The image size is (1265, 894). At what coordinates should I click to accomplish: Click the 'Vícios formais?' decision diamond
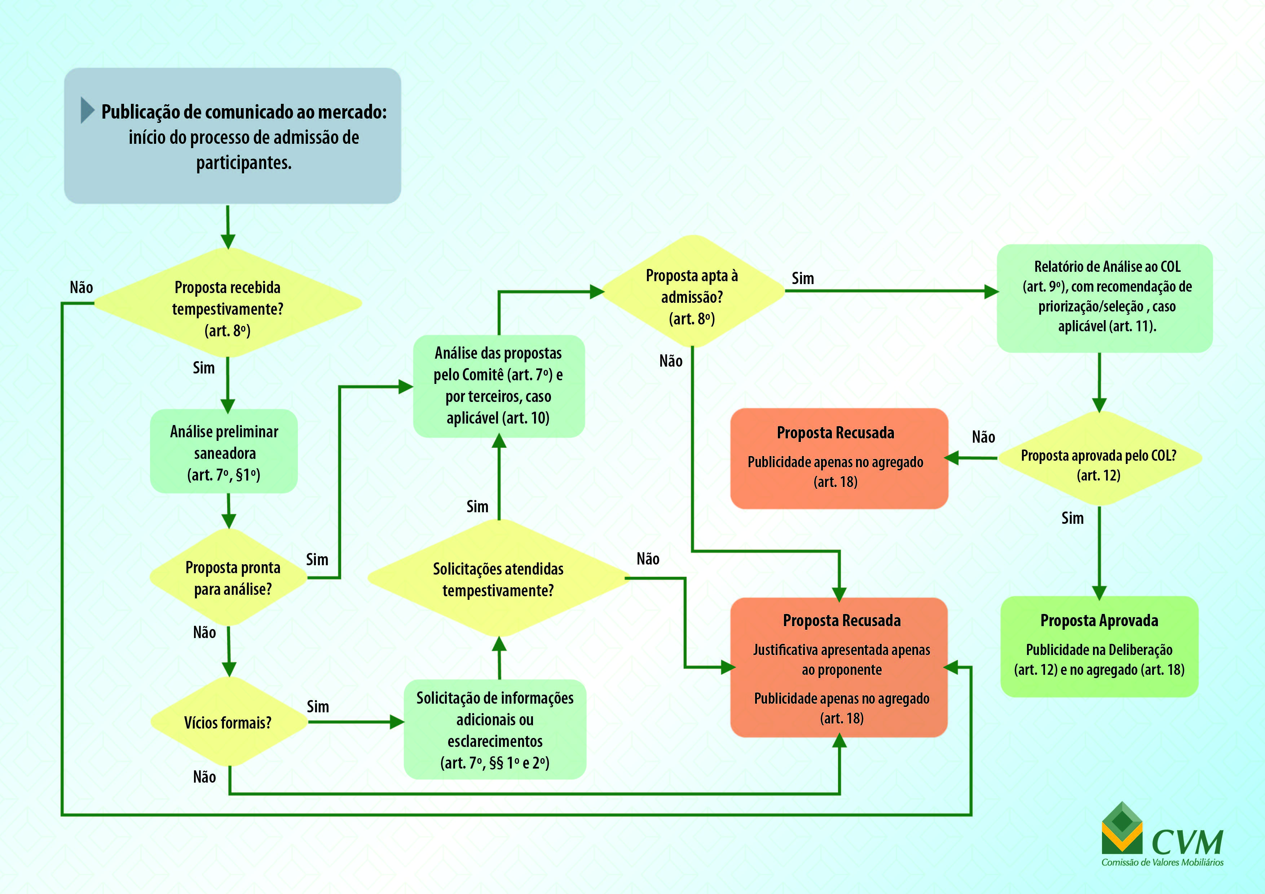point(228,722)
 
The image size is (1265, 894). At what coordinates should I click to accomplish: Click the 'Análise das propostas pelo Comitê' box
point(499,386)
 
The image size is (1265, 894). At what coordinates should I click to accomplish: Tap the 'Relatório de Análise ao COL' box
point(1105,297)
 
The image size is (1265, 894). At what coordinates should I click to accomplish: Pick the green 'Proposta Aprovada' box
point(1099,646)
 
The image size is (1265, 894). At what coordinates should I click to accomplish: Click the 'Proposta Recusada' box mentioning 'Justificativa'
point(839,668)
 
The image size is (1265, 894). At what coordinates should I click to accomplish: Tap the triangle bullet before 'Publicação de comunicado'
point(87,110)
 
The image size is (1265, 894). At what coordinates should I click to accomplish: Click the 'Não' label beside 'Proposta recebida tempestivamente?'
point(81,288)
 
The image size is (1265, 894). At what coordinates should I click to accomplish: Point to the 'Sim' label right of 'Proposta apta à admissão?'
point(803,279)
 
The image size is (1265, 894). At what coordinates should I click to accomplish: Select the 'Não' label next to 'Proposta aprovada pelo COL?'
point(983,437)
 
